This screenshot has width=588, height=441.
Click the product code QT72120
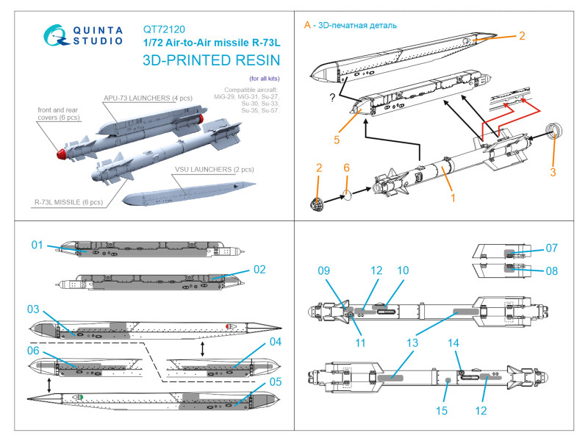[164, 29]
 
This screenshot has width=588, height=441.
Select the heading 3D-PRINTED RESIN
[211, 60]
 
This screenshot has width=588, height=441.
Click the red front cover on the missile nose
[61, 154]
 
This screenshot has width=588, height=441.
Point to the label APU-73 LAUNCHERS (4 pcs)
[148, 98]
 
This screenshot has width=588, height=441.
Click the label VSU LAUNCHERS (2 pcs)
[214, 170]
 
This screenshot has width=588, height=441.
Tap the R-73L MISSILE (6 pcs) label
[68, 202]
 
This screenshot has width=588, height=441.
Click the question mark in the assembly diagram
[332, 98]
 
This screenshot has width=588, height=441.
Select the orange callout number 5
[337, 140]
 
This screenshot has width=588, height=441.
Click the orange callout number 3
[553, 172]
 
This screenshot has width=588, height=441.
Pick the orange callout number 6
[346, 168]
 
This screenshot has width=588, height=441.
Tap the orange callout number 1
[453, 198]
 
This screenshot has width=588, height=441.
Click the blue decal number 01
[37, 245]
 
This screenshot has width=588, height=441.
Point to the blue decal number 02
[259, 269]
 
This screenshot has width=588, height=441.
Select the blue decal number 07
[552, 248]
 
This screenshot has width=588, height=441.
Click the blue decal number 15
[442, 411]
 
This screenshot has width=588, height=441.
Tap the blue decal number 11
[360, 343]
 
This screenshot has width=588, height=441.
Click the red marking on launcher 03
[229, 326]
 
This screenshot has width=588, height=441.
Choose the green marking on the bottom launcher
[79, 396]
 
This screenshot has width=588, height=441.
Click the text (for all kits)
[265, 79]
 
